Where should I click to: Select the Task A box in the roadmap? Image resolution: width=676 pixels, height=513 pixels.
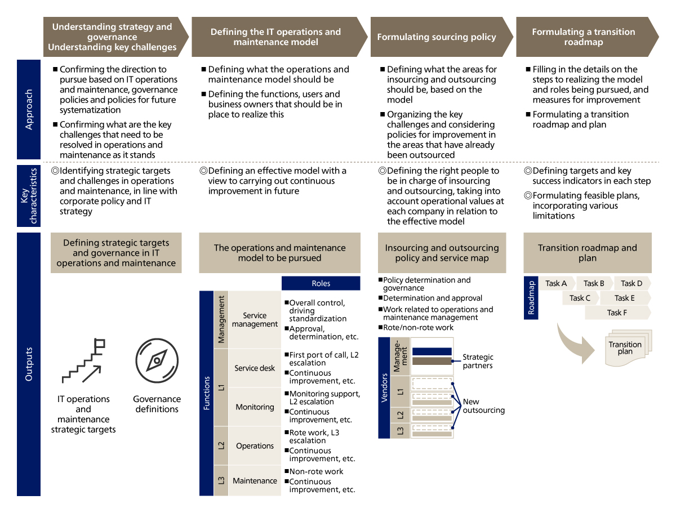tap(557, 283)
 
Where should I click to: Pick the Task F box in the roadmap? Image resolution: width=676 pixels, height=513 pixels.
tap(617, 313)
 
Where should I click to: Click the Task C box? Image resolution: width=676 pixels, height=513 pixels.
tap(580, 298)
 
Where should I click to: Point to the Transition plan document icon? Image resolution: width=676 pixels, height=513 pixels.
tap(625, 347)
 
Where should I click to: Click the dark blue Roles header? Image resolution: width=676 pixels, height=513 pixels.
tap(321, 283)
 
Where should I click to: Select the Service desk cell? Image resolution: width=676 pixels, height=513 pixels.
tap(255, 368)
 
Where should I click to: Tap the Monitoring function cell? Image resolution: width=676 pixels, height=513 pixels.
tap(255, 407)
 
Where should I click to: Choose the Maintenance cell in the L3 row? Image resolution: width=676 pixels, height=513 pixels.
tap(255, 480)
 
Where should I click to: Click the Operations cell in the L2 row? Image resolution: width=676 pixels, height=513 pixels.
tap(255, 445)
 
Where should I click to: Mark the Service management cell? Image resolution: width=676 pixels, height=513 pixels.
tap(255, 320)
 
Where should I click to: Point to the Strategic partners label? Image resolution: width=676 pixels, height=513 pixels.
tap(478, 361)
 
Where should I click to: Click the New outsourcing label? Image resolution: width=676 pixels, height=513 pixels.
tap(483, 405)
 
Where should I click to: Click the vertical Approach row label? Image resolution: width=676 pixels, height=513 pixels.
tap(29, 109)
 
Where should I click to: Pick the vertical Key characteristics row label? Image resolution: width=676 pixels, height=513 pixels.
tap(29, 195)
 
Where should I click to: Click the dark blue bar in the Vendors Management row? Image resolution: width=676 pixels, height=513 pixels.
tap(432, 351)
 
